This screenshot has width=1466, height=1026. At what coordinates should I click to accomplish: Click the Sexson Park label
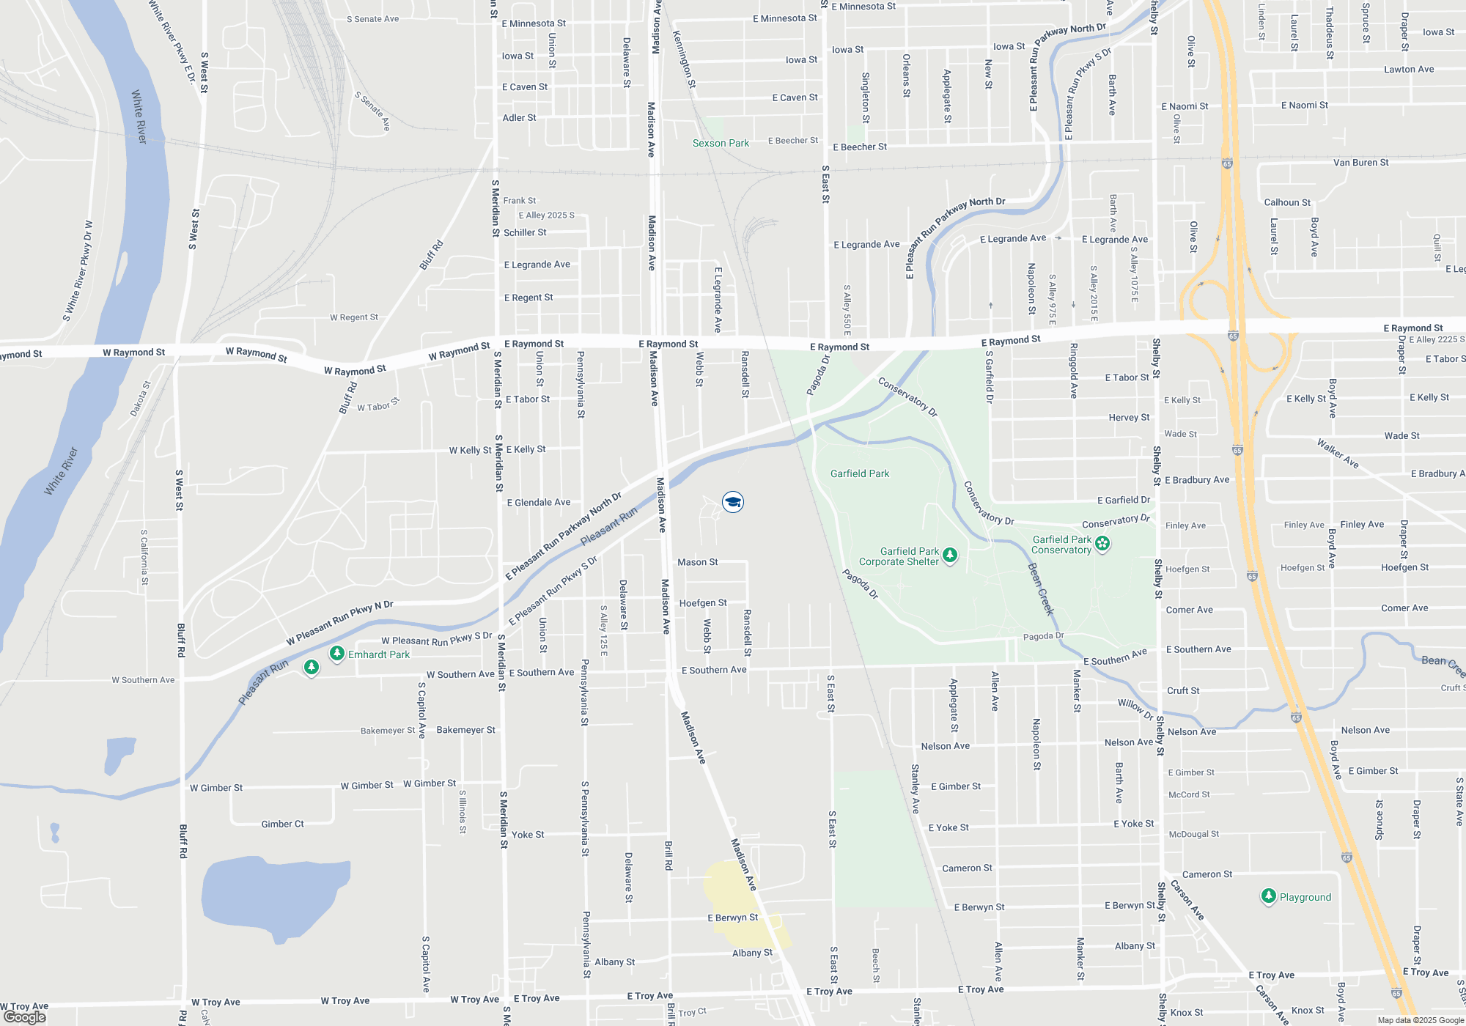pyautogui.click(x=721, y=144)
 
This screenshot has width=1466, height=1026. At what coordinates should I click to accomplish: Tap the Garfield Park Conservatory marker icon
pyautogui.click(x=1102, y=544)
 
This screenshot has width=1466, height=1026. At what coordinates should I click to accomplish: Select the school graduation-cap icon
pyautogui.click(x=733, y=502)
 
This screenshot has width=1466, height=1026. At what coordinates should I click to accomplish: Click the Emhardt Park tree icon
pyautogui.click(x=336, y=653)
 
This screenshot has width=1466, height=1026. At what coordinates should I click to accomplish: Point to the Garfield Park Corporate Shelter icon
pyautogui.click(x=950, y=556)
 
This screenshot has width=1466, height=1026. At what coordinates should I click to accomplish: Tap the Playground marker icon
pyautogui.click(x=1269, y=896)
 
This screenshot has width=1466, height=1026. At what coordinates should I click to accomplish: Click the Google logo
pyautogui.click(x=25, y=1016)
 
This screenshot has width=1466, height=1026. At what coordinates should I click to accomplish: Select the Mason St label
pyautogui.click(x=697, y=562)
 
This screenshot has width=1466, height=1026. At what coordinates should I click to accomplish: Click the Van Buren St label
pyautogui.click(x=1360, y=163)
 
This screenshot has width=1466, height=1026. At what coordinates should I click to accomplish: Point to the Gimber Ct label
pyautogui.click(x=282, y=824)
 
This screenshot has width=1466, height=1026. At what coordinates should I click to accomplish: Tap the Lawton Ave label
pyautogui.click(x=1409, y=70)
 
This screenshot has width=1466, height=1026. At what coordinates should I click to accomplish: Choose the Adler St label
pyautogui.click(x=519, y=118)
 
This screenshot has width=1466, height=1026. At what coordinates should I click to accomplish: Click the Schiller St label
pyautogui.click(x=525, y=233)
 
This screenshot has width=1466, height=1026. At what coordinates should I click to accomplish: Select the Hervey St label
pyautogui.click(x=1129, y=418)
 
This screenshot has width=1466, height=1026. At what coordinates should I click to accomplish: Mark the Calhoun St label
pyautogui.click(x=1287, y=202)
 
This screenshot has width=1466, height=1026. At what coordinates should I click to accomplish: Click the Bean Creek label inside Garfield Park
pyautogui.click(x=1040, y=589)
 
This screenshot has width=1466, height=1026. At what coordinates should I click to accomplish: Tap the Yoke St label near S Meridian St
pyautogui.click(x=528, y=835)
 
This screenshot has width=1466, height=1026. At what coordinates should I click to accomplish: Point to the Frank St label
pyautogui.click(x=519, y=201)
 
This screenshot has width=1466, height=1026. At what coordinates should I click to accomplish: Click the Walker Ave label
pyautogui.click(x=1338, y=454)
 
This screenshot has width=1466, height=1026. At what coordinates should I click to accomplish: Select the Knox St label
pyautogui.click(x=1308, y=1011)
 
